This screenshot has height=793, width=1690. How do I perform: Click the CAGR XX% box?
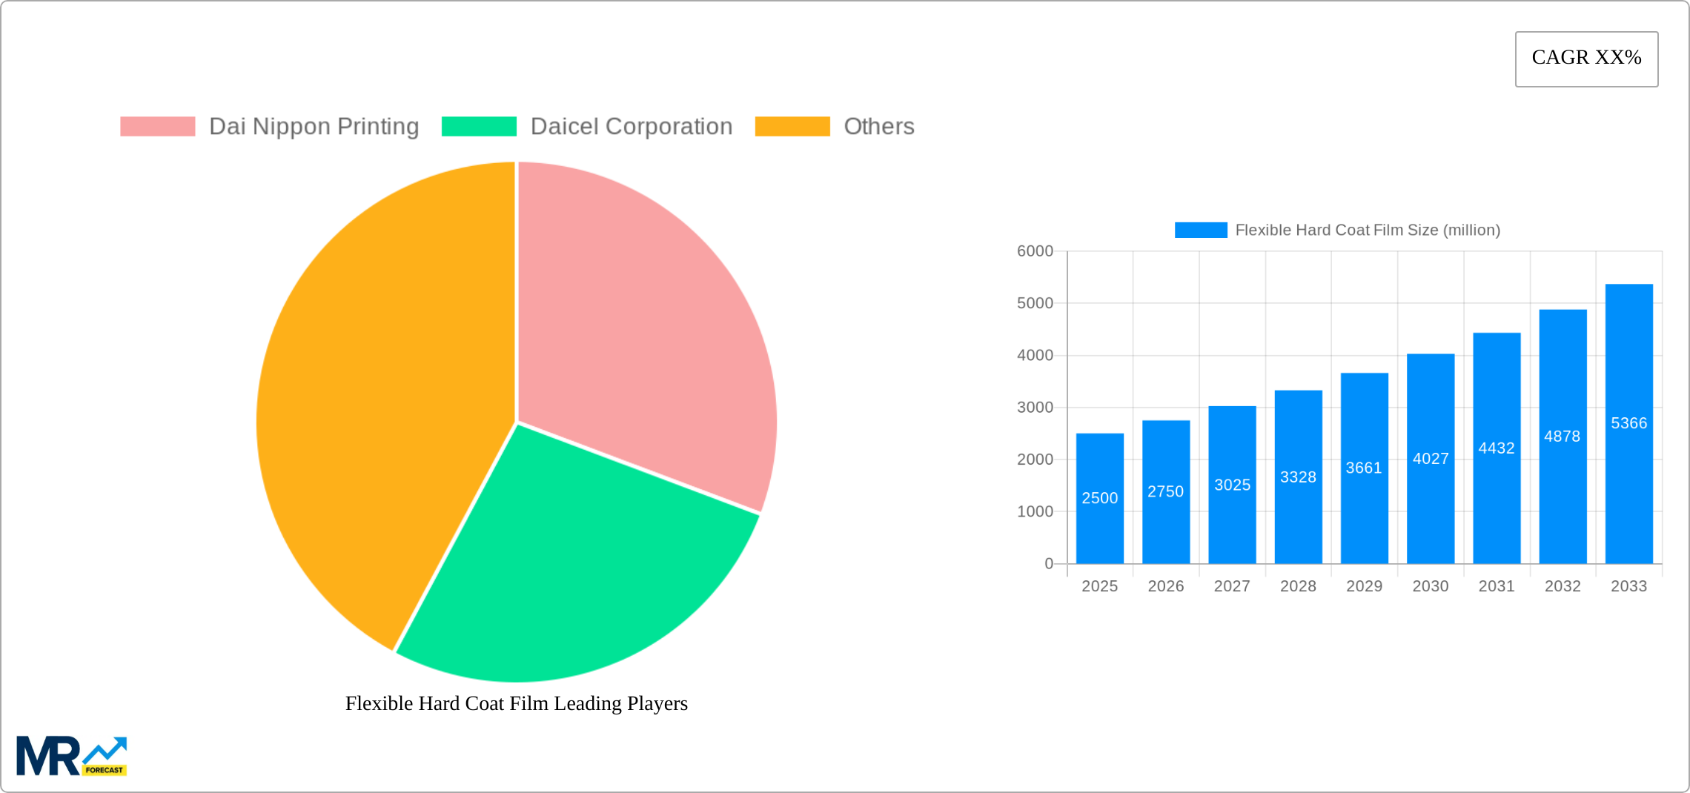pyautogui.click(x=1586, y=59)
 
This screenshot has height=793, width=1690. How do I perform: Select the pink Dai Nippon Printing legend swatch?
pyautogui.click(x=157, y=127)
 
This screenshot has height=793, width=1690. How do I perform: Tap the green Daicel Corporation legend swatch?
pyautogui.click(x=479, y=127)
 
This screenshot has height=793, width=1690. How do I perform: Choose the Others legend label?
pyautogui.click(x=878, y=127)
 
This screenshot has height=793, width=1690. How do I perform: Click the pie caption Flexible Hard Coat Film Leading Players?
pyautogui.click(x=517, y=703)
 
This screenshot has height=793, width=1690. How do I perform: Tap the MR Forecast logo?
pyautogui.click(x=72, y=756)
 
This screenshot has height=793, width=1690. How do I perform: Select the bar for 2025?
pyautogui.click(x=1099, y=519)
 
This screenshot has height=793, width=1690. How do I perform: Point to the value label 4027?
pyautogui.click(x=1431, y=459)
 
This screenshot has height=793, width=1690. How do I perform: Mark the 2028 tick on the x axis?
pyautogui.click(x=1298, y=586)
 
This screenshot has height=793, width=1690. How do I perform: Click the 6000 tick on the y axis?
pyautogui.click(x=1035, y=251)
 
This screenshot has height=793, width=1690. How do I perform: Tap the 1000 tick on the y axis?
pyautogui.click(x=1035, y=511)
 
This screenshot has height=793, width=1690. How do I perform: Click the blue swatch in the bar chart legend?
pyautogui.click(x=1201, y=230)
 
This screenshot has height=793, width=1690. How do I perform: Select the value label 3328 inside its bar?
pyautogui.click(x=1298, y=477)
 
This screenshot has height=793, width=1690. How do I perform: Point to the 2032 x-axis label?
pyautogui.click(x=1563, y=586)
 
